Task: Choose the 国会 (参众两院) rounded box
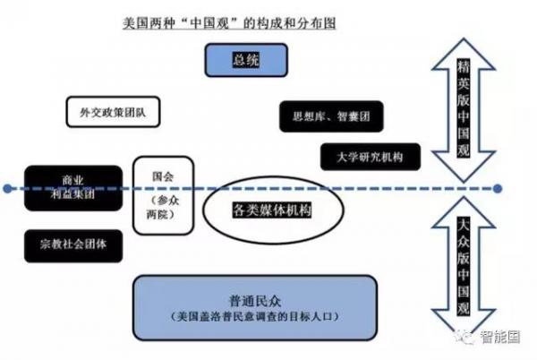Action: pos(163,193)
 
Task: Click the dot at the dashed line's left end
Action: pos(7,190)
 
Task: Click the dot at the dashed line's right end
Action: pos(499,190)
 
